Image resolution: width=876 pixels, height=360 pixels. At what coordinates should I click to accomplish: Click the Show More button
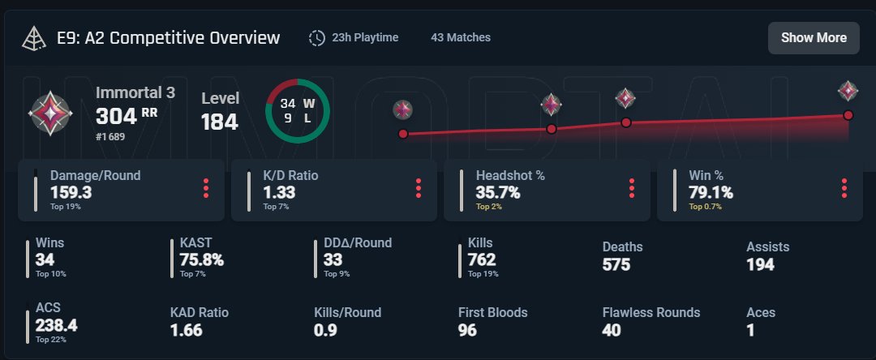[x=814, y=38]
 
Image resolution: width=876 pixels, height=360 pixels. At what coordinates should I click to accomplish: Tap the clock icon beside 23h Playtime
[x=317, y=38]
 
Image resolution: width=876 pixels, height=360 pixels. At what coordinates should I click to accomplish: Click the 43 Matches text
[x=461, y=37]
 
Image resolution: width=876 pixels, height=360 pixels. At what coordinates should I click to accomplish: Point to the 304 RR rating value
[x=126, y=116]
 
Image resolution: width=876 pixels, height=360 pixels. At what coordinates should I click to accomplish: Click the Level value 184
[x=220, y=122]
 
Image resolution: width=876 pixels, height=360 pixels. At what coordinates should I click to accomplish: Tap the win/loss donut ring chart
[x=298, y=111]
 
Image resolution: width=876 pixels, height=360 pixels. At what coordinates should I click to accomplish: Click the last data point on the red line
[x=848, y=115]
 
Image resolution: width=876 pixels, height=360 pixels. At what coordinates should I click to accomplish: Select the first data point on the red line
[x=403, y=134]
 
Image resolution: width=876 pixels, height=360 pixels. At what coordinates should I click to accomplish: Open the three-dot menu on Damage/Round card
[x=206, y=188]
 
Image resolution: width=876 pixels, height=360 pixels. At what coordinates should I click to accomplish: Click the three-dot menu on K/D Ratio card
[x=419, y=188]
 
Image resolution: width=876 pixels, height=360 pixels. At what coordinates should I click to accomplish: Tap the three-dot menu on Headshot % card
[x=631, y=188]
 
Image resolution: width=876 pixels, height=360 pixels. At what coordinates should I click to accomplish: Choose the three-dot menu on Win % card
[x=844, y=188]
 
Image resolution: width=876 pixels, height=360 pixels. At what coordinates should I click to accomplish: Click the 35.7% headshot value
[x=498, y=192]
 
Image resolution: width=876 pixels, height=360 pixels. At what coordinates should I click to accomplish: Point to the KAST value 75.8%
[x=201, y=260]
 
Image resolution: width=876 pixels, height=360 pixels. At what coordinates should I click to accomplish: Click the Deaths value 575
[x=616, y=264]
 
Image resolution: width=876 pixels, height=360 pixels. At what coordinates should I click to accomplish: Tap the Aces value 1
[x=750, y=330]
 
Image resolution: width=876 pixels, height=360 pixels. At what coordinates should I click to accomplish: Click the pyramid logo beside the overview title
[x=35, y=38]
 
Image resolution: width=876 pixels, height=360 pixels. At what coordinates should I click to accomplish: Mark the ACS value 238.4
[x=57, y=325]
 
